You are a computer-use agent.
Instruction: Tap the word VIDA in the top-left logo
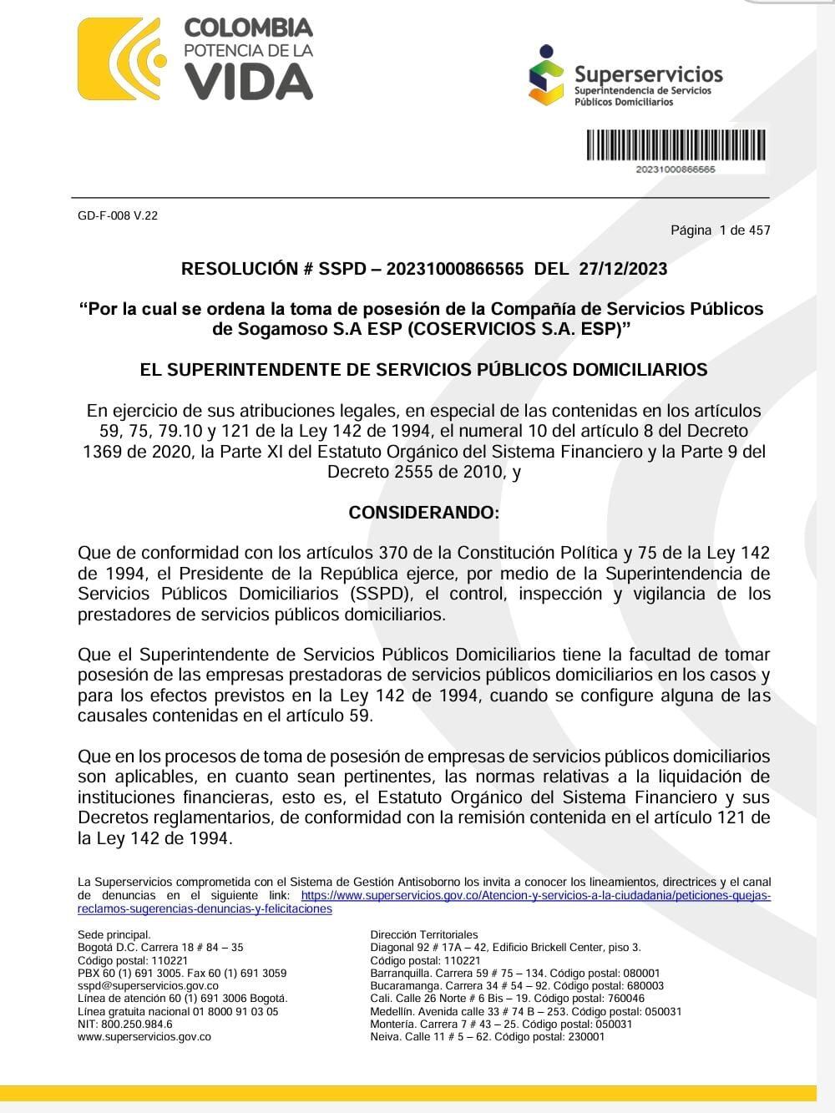(x=248, y=82)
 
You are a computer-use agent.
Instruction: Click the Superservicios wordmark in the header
(x=648, y=74)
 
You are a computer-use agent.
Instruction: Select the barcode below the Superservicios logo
(x=676, y=145)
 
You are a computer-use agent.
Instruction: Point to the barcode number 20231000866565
(x=676, y=169)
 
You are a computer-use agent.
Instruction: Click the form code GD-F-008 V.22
(x=118, y=215)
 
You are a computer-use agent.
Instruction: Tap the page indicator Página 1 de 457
(x=720, y=230)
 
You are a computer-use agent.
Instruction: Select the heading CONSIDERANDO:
(x=423, y=513)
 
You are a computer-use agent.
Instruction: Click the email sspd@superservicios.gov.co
(x=148, y=986)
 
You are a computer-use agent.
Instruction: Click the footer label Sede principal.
(x=114, y=935)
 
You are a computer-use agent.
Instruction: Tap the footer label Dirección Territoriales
(x=424, y=935)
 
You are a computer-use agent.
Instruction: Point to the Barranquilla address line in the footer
(x=514, y=973)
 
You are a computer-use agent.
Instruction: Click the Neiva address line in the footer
(x=487, y=1037)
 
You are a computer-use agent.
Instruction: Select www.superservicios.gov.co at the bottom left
(x=144, y=1037)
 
